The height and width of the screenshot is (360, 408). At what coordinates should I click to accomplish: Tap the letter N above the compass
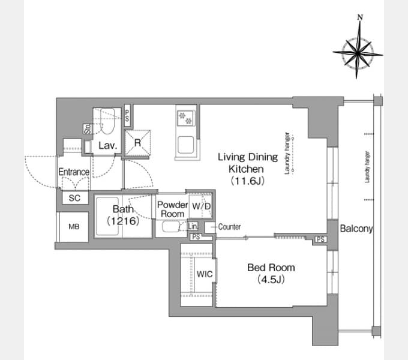(360, 17)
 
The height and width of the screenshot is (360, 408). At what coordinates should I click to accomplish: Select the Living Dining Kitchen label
(247, 169)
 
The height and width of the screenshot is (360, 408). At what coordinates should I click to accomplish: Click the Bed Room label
(271, 273)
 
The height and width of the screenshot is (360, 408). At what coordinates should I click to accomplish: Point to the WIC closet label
(205, 274)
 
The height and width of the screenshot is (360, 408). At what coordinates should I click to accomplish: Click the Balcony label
(356, 229)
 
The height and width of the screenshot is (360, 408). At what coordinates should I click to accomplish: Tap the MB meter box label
(74, 227)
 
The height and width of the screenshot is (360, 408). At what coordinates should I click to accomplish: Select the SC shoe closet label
(74, 198)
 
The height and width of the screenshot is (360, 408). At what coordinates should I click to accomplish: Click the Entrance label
(74, 172)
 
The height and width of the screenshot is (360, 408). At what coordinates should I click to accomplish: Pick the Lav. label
(107, 145)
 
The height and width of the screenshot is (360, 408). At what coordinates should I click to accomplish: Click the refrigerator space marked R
(137, 143)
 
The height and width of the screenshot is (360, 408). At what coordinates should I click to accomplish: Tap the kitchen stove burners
(185, 118)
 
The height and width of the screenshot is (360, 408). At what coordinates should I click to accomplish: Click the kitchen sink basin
(185, 145)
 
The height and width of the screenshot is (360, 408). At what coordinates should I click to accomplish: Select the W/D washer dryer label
(201, 206)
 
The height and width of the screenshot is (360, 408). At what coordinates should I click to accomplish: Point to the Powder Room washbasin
(171, 226)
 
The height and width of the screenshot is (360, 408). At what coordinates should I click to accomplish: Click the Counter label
(229, 227)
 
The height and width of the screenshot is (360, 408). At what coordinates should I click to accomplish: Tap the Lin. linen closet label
(193, 226)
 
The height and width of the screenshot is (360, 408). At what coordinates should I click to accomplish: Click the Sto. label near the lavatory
(88, 129)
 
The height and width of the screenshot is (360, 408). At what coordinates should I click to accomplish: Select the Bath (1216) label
(123, 215)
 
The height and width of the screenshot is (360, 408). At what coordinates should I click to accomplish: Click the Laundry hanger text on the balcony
(367, 167)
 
